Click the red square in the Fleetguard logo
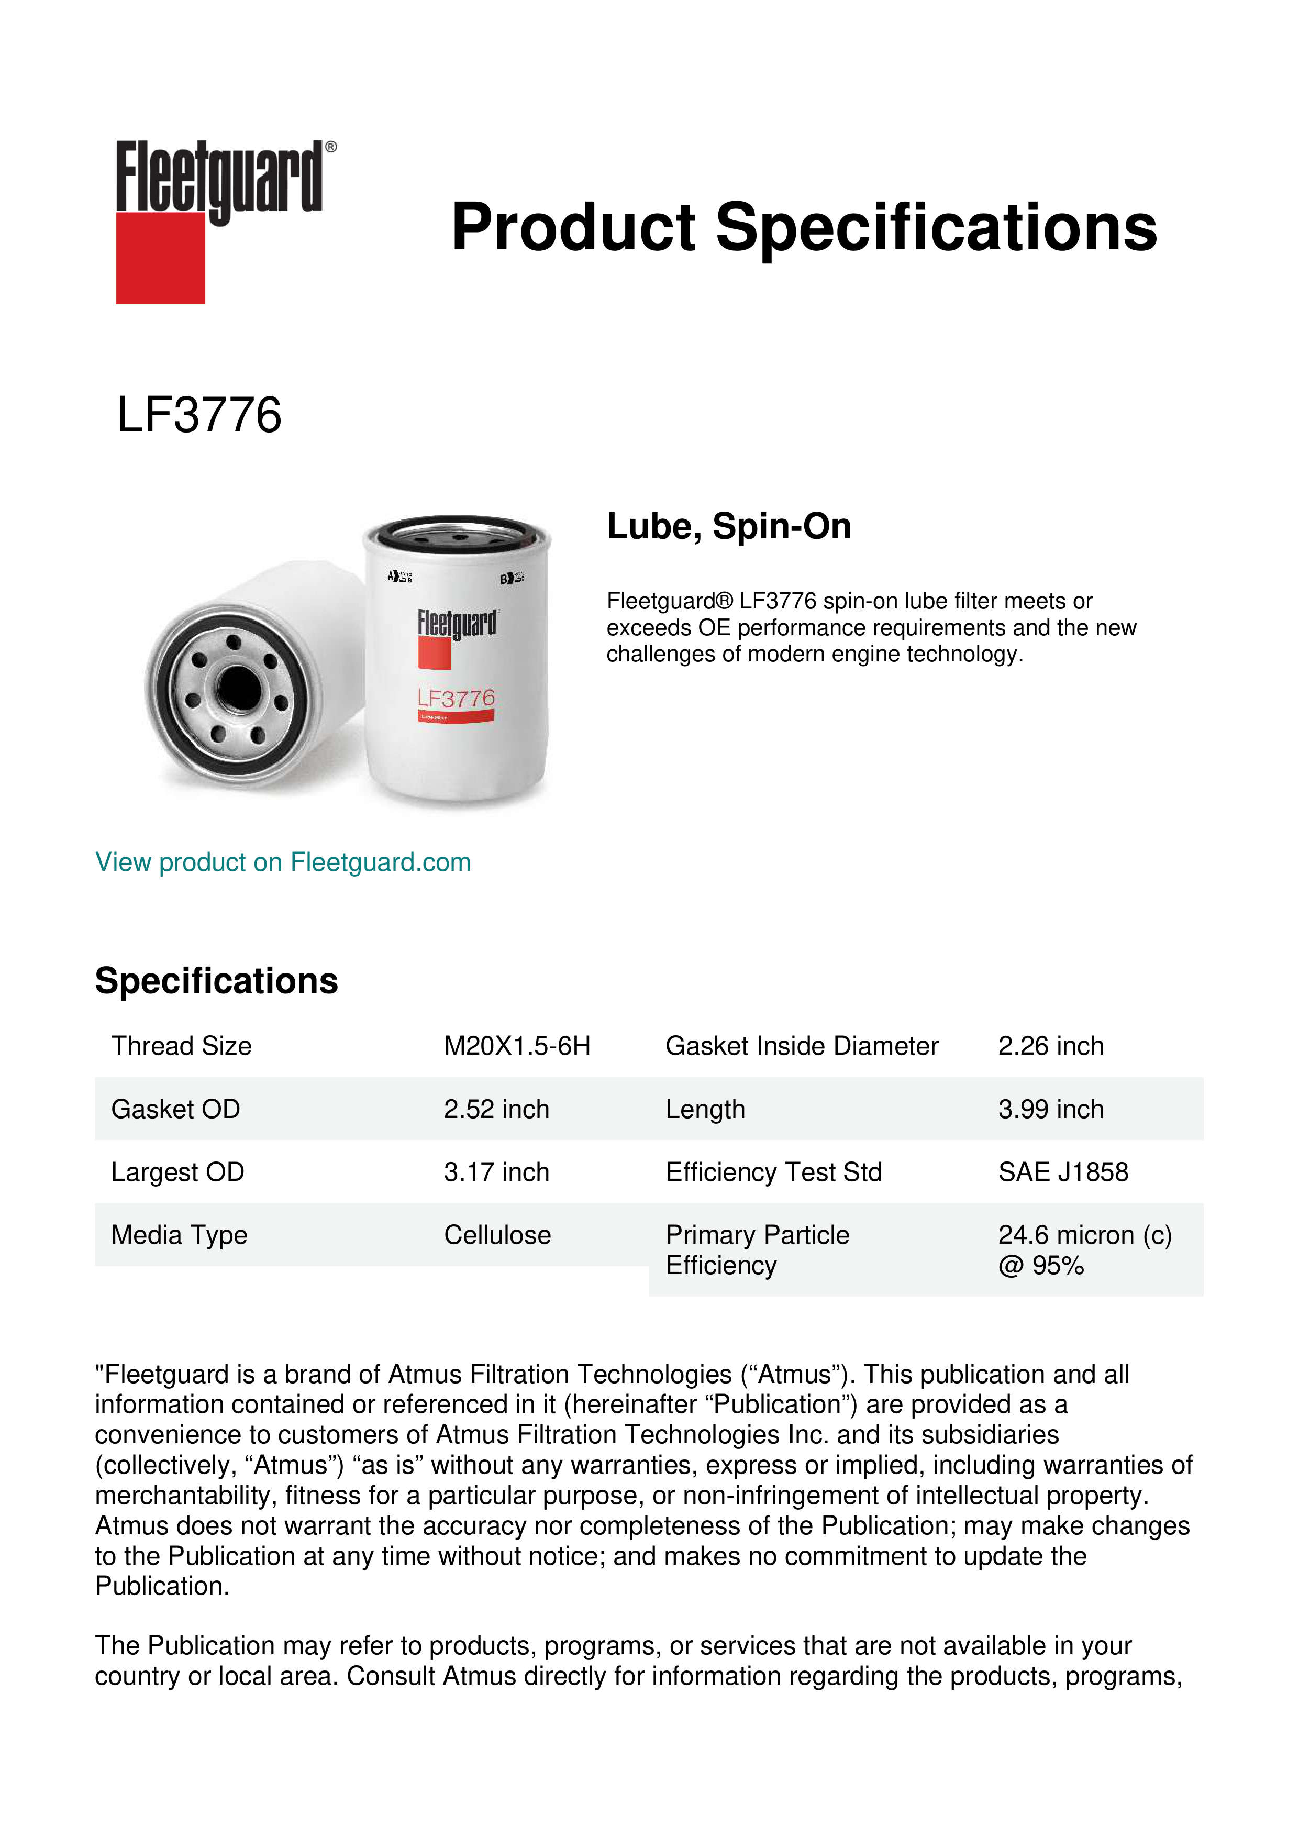pos(160,258)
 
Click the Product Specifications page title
pos(803,227)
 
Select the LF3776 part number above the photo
pos(199,415)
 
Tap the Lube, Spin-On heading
pos(729,526)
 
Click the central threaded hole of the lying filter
pos(238,685)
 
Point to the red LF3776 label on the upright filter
pos(456,699)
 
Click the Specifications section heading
pos(216,981)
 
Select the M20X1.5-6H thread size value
pos(517,1046)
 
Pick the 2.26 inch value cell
pos(1050,1046)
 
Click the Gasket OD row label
pos(175,1109)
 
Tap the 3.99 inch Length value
pos(1050,1109)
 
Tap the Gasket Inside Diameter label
pos(802,1046)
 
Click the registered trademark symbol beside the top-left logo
pos(331,147)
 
